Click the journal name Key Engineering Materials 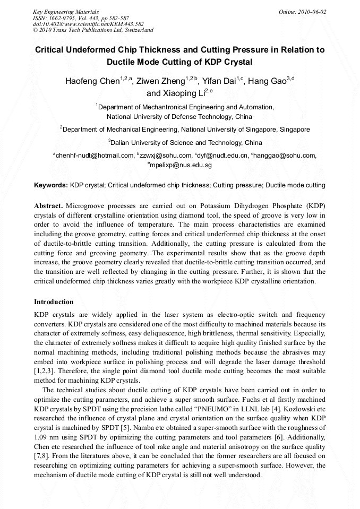[66, 12]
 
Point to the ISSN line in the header [80, 18]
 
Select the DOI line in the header [88, 24]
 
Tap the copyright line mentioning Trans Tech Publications [93, 31]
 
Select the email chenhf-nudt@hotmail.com [95, 156]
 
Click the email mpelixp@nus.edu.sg [181, 165]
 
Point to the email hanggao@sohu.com [285, 156]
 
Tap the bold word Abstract [49, 205]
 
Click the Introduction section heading [54, 302]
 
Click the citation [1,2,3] [47, 370]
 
